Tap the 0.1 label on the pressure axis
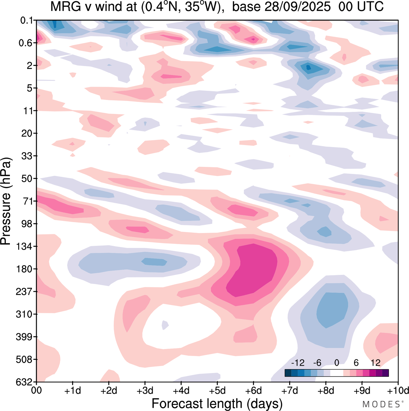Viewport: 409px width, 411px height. coord(27,20)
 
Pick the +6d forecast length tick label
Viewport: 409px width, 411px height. coord(253,391)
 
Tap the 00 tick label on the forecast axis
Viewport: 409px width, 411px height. coord(37,391)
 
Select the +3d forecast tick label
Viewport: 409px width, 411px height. coord(145,391)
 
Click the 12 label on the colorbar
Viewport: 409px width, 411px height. coord(375,363)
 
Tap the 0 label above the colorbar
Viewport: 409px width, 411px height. coord(336,363)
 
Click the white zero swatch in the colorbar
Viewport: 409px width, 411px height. coord(336,373)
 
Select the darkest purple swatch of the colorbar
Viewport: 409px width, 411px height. coord(385,373)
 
